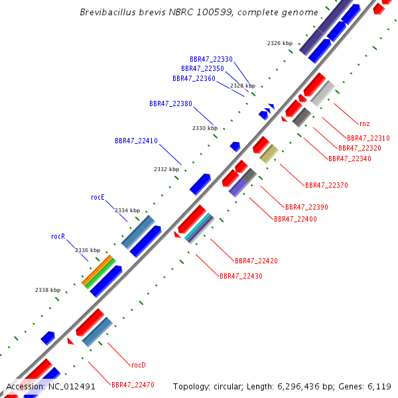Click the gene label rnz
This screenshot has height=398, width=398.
(365, 123)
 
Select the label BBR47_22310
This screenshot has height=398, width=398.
(368, 138)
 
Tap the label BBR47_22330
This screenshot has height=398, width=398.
(211, 59)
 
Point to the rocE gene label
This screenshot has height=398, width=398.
(98, 197)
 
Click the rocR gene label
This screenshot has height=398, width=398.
(58, 236)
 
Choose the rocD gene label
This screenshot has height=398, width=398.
(138, 365)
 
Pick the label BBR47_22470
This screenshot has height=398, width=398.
(133, 385)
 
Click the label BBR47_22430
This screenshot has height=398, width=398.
(241, 275)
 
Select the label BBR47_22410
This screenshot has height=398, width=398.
(136, 141)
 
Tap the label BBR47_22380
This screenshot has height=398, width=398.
(170, 103)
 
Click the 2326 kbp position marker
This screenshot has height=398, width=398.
(280, 43)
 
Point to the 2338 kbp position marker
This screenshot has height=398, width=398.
(48, 290)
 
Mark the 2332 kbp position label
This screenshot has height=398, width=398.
(166, 169)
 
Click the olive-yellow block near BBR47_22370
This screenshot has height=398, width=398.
(269, 154)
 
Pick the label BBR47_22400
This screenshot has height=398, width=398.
(295, 219)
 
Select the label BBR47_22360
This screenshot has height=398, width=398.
(194, 78)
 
